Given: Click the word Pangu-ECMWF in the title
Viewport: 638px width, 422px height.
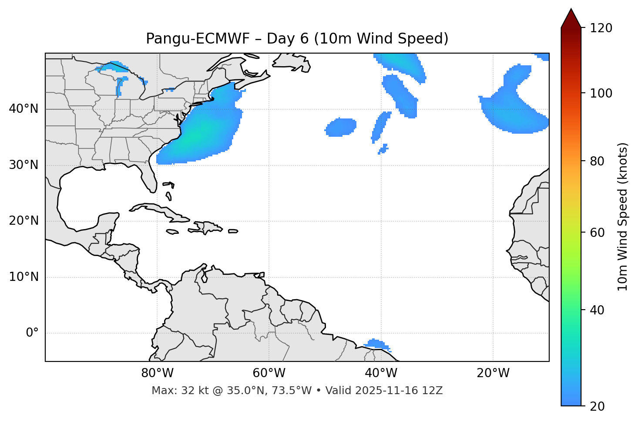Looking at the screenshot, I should click(198, 39).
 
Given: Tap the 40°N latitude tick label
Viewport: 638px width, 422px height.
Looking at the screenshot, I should click(24, 109).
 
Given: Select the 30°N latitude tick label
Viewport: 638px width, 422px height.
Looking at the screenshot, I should click(24, 165).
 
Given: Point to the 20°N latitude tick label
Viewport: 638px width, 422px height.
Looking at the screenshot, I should click(24, 221).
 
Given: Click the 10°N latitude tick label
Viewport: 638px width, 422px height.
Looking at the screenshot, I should click(24, 277).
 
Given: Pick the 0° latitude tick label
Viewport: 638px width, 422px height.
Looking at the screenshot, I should click(32, 333).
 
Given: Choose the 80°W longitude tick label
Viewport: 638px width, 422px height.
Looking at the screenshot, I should click(157, 373).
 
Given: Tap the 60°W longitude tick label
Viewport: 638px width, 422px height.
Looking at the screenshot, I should click(269, 373).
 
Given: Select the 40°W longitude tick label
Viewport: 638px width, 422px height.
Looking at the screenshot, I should click(381, 373).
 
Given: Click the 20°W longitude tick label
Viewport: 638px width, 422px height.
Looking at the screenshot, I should click(493, 373).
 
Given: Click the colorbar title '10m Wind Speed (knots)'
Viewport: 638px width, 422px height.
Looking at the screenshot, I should click(623, 216).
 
